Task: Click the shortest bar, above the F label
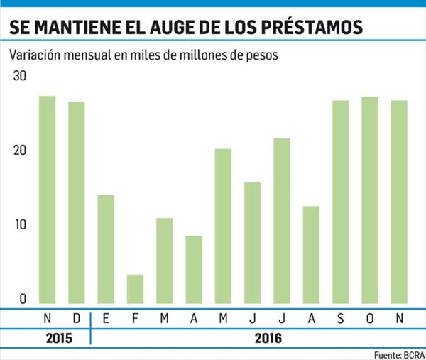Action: tap(135, 288)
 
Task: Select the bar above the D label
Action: tap(77, 202)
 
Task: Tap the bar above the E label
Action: tap(106, 249)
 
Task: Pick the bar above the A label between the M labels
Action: tap(194, 269)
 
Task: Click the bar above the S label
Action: tap(340, 202)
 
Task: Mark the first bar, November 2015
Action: tap(47, 199)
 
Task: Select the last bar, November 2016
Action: tap(399, 202)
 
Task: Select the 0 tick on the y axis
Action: tap(22, 300)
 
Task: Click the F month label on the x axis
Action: tap(135, 318)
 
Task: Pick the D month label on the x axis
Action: tap(77, 318)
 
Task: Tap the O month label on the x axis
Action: tap(370, 318)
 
